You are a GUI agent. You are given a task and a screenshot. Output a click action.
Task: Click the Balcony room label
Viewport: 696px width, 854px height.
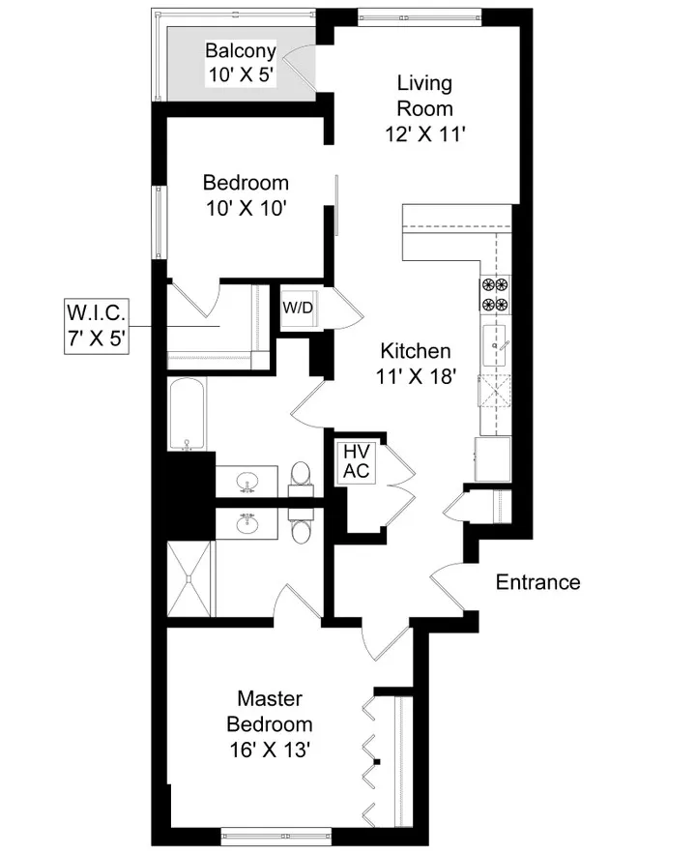241,51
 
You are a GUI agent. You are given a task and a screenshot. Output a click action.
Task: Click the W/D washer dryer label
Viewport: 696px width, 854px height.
297,309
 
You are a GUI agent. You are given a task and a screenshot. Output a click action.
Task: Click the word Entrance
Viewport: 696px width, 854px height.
537,582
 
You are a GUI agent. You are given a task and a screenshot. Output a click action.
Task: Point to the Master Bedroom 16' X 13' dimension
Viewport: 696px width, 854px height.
270,749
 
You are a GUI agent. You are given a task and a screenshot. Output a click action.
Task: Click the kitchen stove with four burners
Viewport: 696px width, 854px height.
495,294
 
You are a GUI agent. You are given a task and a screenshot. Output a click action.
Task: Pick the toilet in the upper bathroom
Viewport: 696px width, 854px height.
300,475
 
